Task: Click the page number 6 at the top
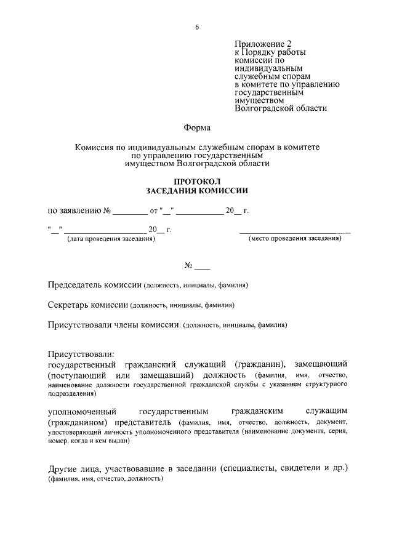pos(197,26)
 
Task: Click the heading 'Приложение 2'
pos(263,44)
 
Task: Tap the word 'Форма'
pos(197,128)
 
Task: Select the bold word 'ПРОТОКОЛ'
pos(197,182)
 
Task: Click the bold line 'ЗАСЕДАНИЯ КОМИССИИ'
pos(197,191)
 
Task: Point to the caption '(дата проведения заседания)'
pos(111,239)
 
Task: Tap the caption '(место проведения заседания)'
pos(295,239)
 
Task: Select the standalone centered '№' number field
pos(197,266)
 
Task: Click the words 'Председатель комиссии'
pos(95,286)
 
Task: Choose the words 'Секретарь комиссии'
pos(88,305)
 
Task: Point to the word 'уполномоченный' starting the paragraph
pos(82,411)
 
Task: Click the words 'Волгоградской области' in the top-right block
pos(281,108)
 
